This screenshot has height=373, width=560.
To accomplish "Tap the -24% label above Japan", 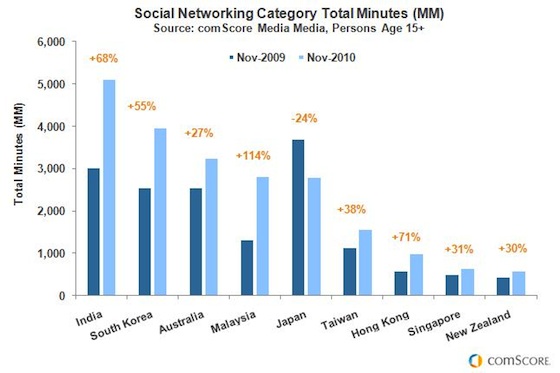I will [304, 117].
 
